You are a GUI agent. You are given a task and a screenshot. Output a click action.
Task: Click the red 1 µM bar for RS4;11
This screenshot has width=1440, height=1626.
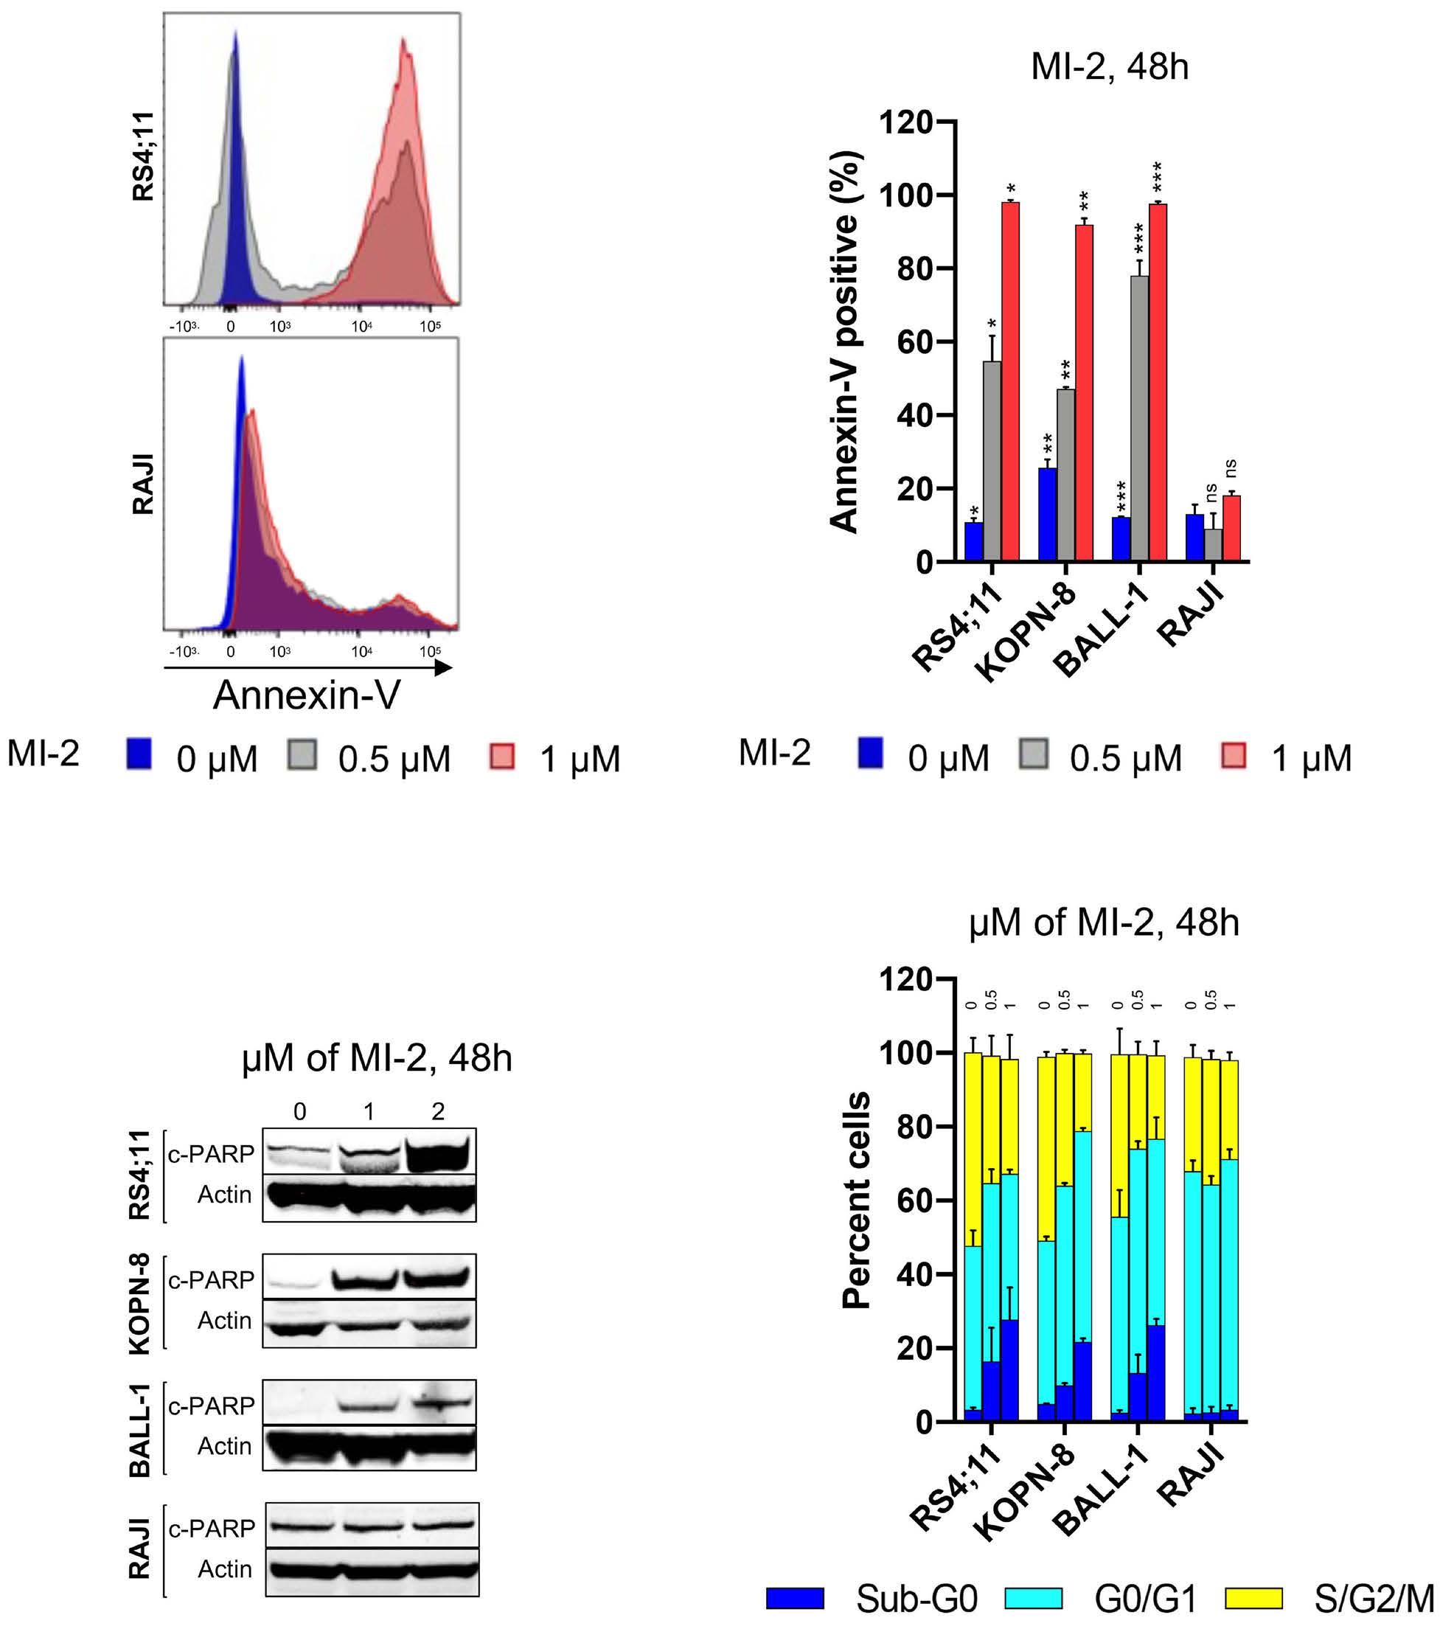tap(1009, 382)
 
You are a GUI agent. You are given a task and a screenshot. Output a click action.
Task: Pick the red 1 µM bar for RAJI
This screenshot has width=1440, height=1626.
tap(1231, 528)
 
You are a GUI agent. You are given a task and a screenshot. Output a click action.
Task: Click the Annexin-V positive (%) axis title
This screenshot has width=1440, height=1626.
tap(845, 342)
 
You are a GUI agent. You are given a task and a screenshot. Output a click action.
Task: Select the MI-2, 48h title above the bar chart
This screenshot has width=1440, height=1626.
tap(1109, 67)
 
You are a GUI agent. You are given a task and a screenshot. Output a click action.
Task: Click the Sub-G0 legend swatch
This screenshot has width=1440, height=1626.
tap(795, 1597)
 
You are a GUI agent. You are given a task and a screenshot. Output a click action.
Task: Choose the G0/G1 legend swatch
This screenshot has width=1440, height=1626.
tap(1034, 1597)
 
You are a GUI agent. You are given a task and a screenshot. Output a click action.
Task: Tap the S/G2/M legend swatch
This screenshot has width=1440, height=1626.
tap(1253, 1597)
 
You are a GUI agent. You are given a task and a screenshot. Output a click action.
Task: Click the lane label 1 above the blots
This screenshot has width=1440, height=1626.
tap(369, 1111)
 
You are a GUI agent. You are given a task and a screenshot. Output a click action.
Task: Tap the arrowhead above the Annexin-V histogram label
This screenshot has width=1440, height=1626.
tap(443, 667)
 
